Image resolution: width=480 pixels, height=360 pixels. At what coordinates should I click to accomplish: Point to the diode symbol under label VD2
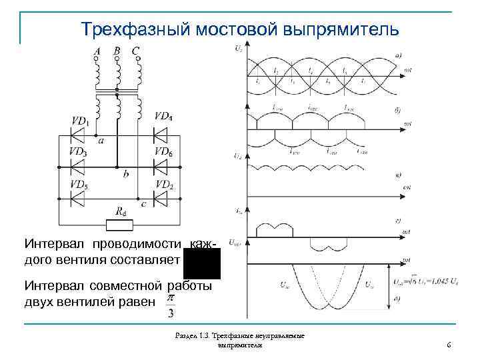(160, 197)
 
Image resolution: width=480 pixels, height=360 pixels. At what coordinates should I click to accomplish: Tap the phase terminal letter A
(97, 51)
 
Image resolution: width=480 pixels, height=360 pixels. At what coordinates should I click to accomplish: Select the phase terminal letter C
(136, 51)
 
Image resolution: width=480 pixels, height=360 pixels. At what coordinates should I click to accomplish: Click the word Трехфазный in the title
(126, 29)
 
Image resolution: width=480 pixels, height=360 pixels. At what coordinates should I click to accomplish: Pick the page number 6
(449, 345)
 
